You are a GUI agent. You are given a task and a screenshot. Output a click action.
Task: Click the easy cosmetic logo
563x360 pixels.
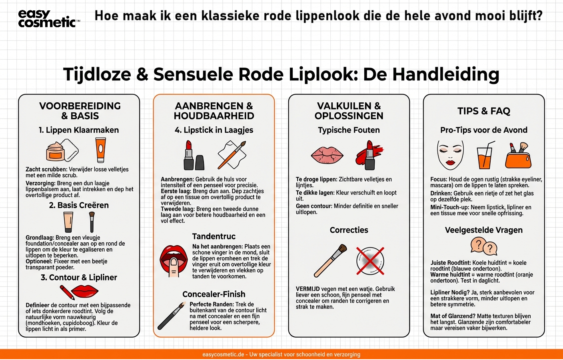(x=48, y=19)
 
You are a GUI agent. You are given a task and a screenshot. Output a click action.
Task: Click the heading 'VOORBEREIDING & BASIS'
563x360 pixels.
(x=80, y=111)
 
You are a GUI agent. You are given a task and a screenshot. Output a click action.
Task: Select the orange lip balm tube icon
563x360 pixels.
(x=101, y=150)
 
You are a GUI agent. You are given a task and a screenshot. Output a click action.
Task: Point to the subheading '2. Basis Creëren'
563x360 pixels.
(x=79, y=205)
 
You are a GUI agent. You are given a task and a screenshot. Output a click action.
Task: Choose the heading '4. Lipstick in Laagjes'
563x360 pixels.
(x=214, y=130)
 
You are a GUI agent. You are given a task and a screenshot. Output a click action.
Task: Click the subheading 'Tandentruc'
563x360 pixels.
(x=214, y=236)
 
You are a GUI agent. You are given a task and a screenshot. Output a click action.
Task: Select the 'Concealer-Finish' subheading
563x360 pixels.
(x=214, y=294)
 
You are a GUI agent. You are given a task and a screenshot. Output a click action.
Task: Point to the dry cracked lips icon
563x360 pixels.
(x=327, y=155)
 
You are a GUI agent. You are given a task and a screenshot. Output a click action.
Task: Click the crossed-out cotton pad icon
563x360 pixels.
(x=370, y=261)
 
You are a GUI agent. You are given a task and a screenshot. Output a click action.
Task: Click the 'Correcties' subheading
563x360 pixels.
(x=349, y=230)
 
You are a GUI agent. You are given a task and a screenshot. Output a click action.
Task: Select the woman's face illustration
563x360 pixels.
(x=450, y=154)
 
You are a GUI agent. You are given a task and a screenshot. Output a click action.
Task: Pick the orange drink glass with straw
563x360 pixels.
(x=484, y=156)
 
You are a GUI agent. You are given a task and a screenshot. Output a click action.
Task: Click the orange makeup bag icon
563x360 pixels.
(x=518, y=156)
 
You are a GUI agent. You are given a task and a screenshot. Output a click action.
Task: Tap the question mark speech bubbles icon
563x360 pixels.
(x=484, y=246)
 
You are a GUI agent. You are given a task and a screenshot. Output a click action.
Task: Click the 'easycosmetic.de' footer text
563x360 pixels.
(x=223, y=354)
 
